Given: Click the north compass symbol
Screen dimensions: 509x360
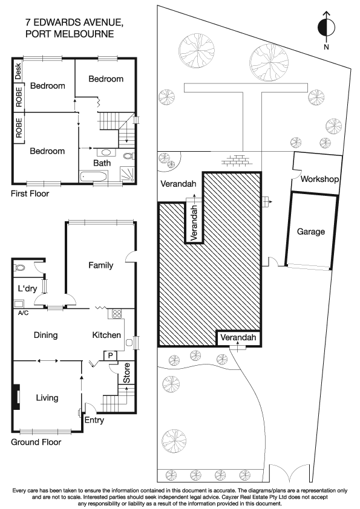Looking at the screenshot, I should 326,27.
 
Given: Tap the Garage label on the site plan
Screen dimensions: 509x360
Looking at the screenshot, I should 310,232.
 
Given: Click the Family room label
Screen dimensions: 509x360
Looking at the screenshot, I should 100,265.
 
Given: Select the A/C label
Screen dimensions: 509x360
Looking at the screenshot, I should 24,313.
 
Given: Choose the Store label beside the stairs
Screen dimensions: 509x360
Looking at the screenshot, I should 127,377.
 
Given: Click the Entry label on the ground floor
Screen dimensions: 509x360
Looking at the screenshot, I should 94,420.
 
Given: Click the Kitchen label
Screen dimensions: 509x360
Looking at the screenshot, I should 106,335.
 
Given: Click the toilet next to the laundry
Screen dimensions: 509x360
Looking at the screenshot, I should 20,267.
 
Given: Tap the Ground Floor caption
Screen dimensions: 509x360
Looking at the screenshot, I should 36,442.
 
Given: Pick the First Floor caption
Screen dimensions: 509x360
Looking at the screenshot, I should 30,194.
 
